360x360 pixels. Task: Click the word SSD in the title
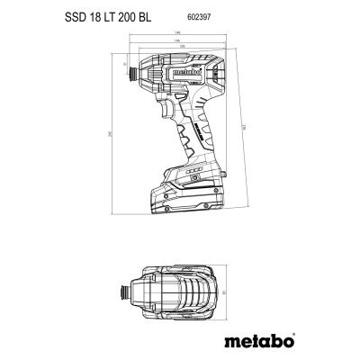tap(101, 15)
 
